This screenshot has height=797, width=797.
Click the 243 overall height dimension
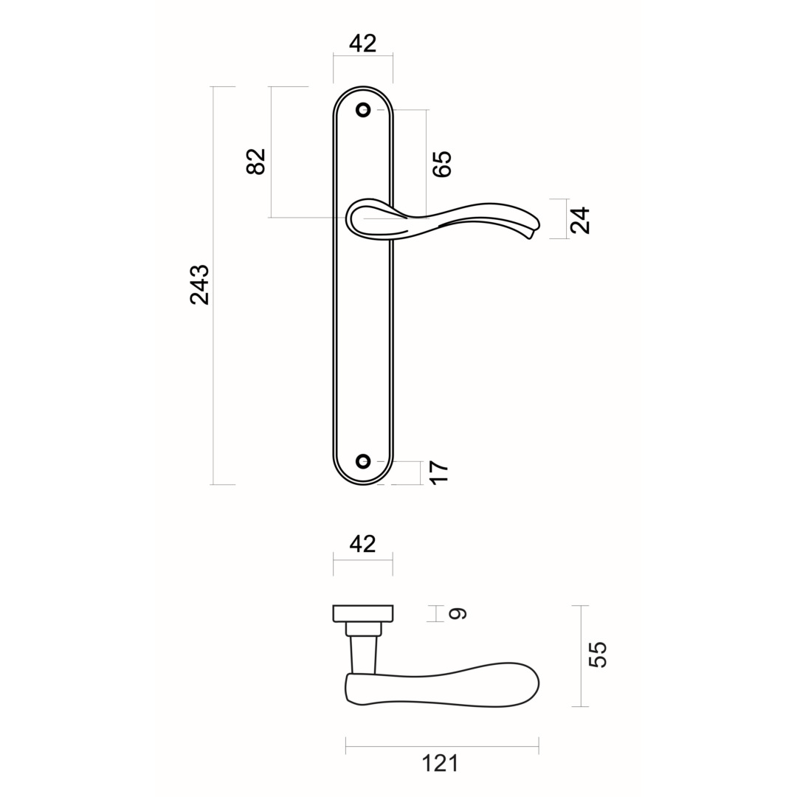pos(200,284)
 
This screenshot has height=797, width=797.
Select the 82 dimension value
pos(256,161)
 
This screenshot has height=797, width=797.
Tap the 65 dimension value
pos(441,164)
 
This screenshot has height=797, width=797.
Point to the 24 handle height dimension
pos(581,220)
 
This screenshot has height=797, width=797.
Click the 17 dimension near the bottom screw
pos(438,472)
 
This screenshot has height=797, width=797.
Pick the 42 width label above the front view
pos(362,44)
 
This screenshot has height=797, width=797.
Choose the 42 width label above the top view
pos(362,544)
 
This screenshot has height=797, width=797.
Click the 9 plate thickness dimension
pos(458,613)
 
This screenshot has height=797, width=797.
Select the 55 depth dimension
pos(598,655)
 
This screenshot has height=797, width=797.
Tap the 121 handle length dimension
pos(440,764)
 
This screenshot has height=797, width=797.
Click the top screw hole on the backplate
pos(363,110)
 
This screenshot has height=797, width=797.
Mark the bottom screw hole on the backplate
pos(363,461)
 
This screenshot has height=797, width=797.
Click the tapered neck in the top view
pos(364,655)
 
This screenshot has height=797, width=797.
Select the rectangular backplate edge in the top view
pos(363,613)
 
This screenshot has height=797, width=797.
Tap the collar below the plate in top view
pos(364,629)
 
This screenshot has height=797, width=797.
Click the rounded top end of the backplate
pos(363,90)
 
